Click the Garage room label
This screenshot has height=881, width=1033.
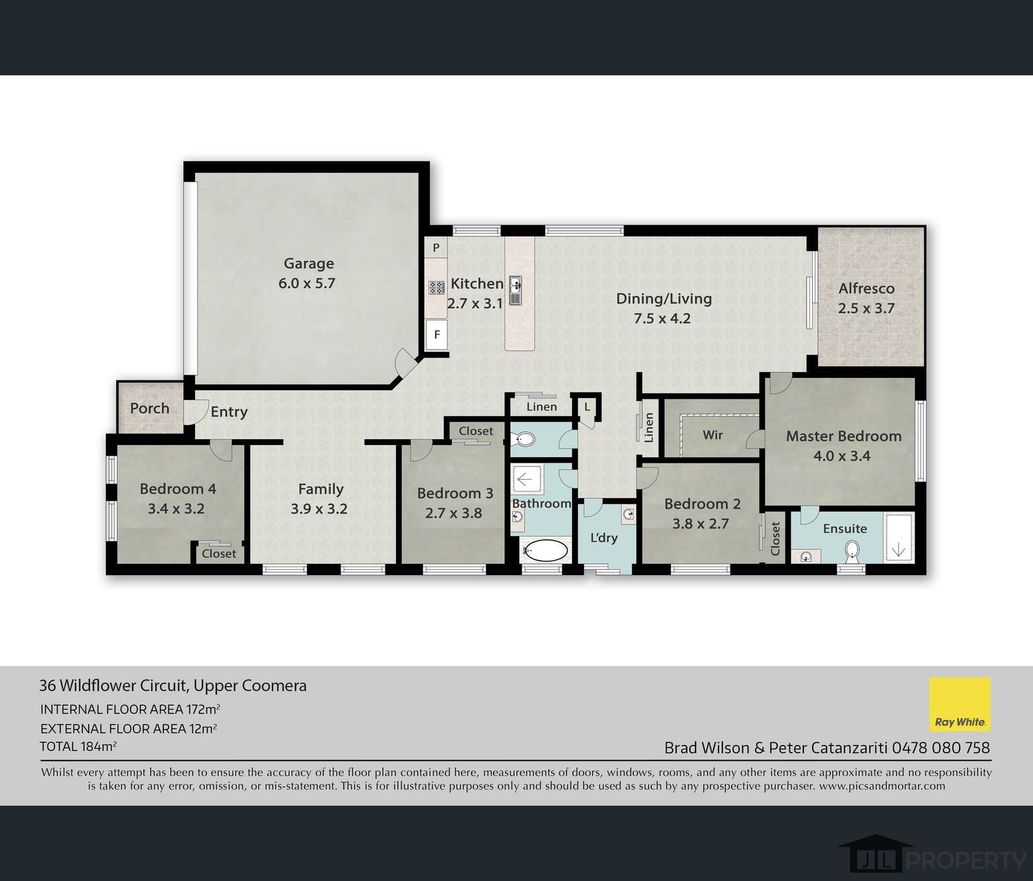(308, 263)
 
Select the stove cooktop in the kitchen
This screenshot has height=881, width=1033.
(437, 288)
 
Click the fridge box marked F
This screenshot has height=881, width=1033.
(437, 334)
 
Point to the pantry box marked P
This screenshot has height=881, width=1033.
(436, 247)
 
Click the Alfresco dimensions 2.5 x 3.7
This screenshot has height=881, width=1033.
(866, 308)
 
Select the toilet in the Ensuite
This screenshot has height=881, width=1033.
(853, 551)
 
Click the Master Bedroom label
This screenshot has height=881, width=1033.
(844, 436)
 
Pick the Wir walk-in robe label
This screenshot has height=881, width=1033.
(712, 435)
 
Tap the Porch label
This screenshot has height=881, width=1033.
(149, 408)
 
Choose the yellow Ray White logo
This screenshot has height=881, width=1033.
(960, 704)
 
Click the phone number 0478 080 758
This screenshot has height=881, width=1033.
(941, 748)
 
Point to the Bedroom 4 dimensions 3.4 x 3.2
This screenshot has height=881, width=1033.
(176, 509)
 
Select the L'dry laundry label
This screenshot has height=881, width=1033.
(603, 537)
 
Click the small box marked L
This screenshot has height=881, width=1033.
(587, 406)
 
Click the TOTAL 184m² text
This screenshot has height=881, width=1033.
(78, 746)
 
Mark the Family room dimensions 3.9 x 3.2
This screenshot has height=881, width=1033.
(319, 509)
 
